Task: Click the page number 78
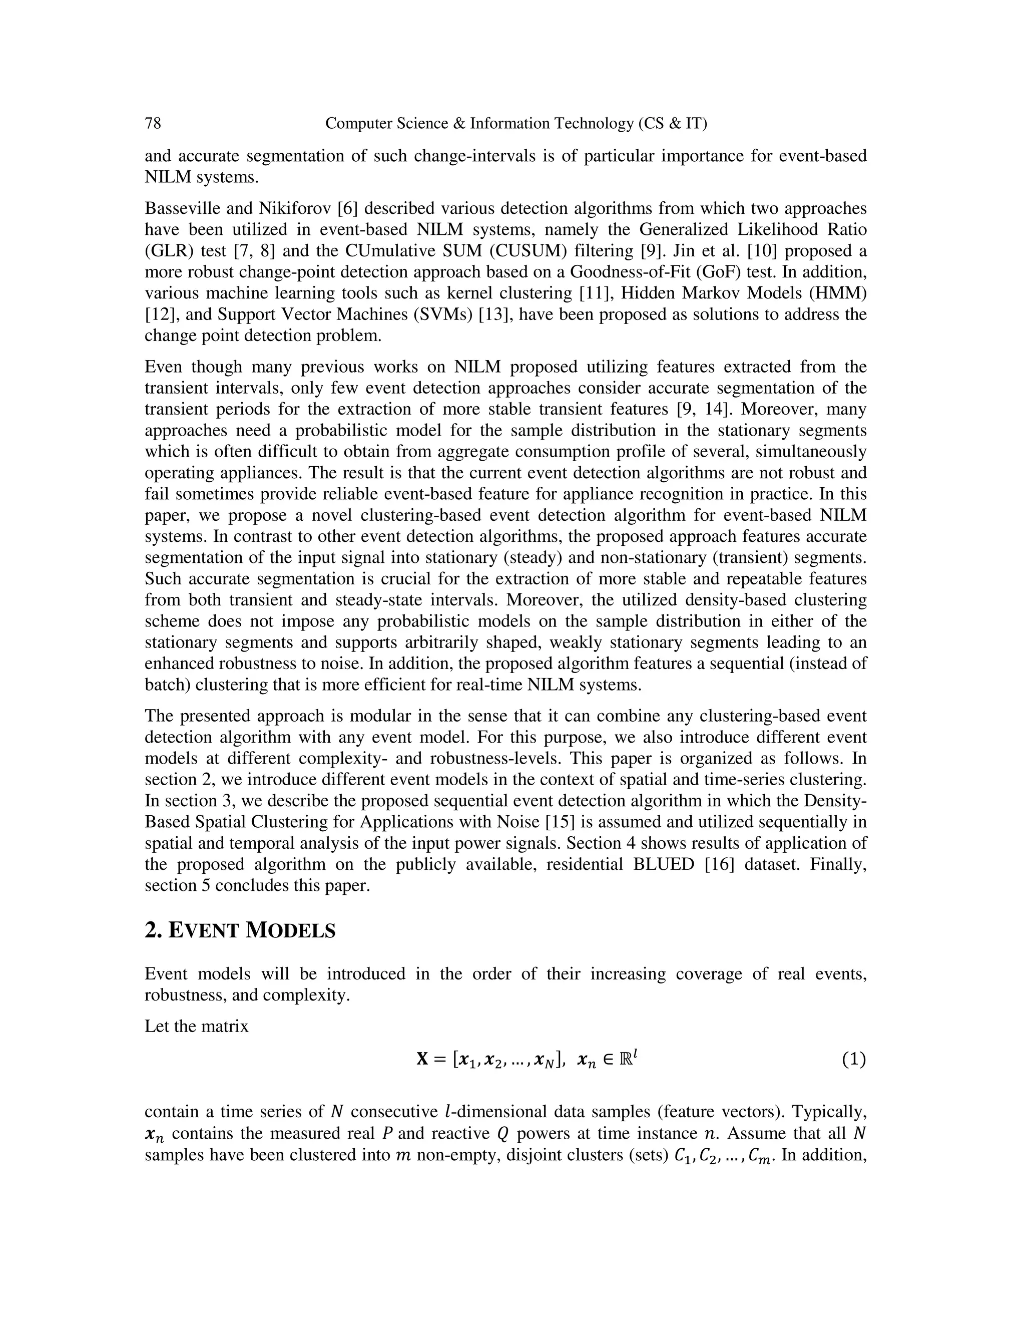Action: click(x=153, y=123)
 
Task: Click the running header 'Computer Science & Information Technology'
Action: click(x=516, y=123)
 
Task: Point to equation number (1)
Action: click(x=853, y=1060)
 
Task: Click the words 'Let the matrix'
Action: click(x=197, y=1026)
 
